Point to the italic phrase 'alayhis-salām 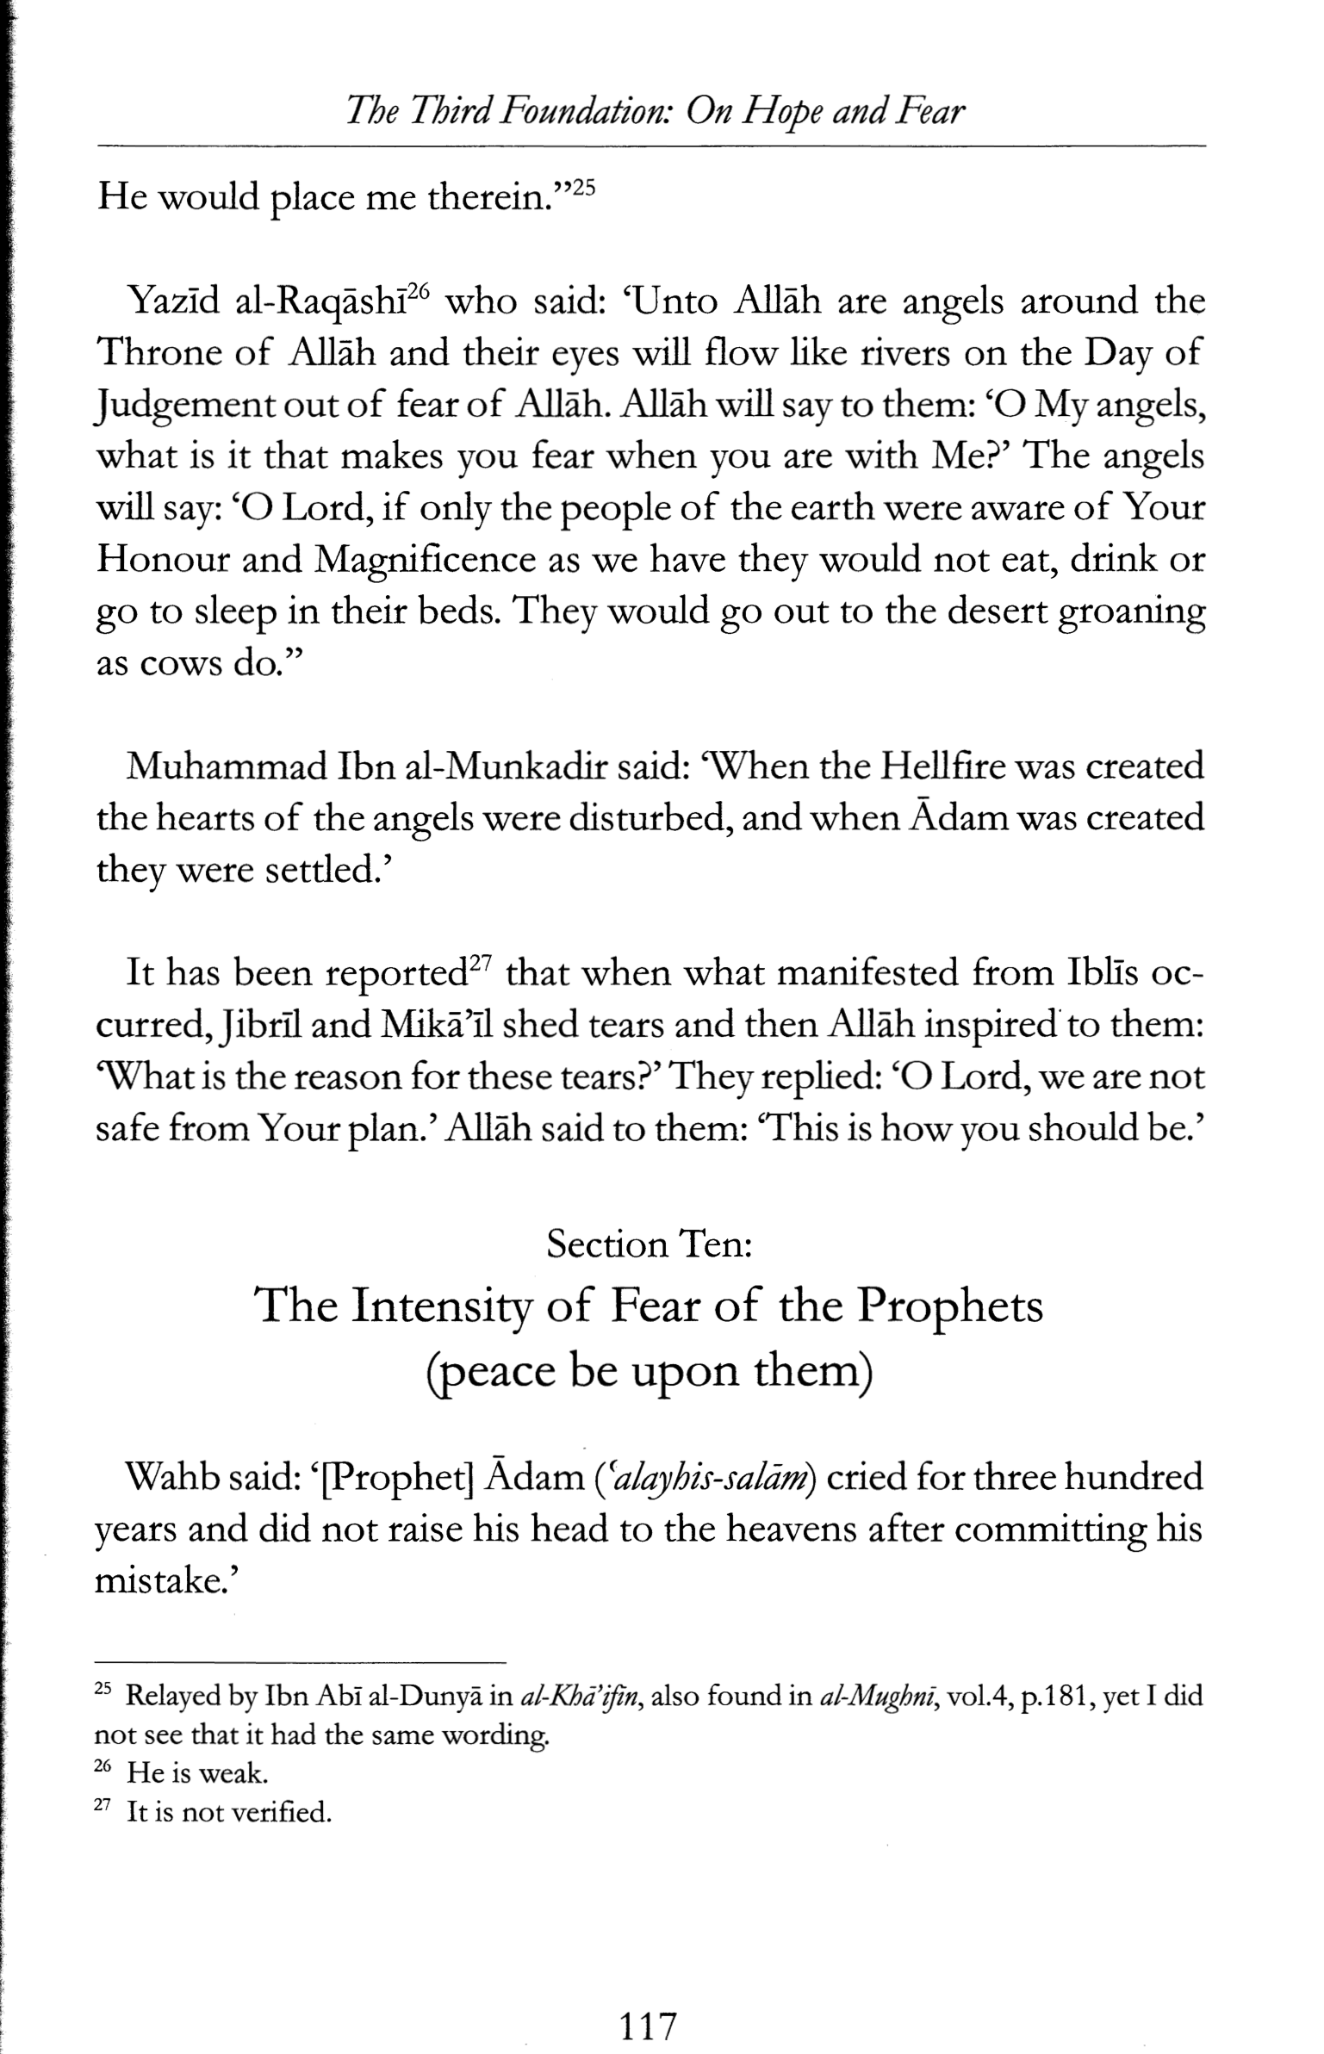tap(710, 1478)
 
